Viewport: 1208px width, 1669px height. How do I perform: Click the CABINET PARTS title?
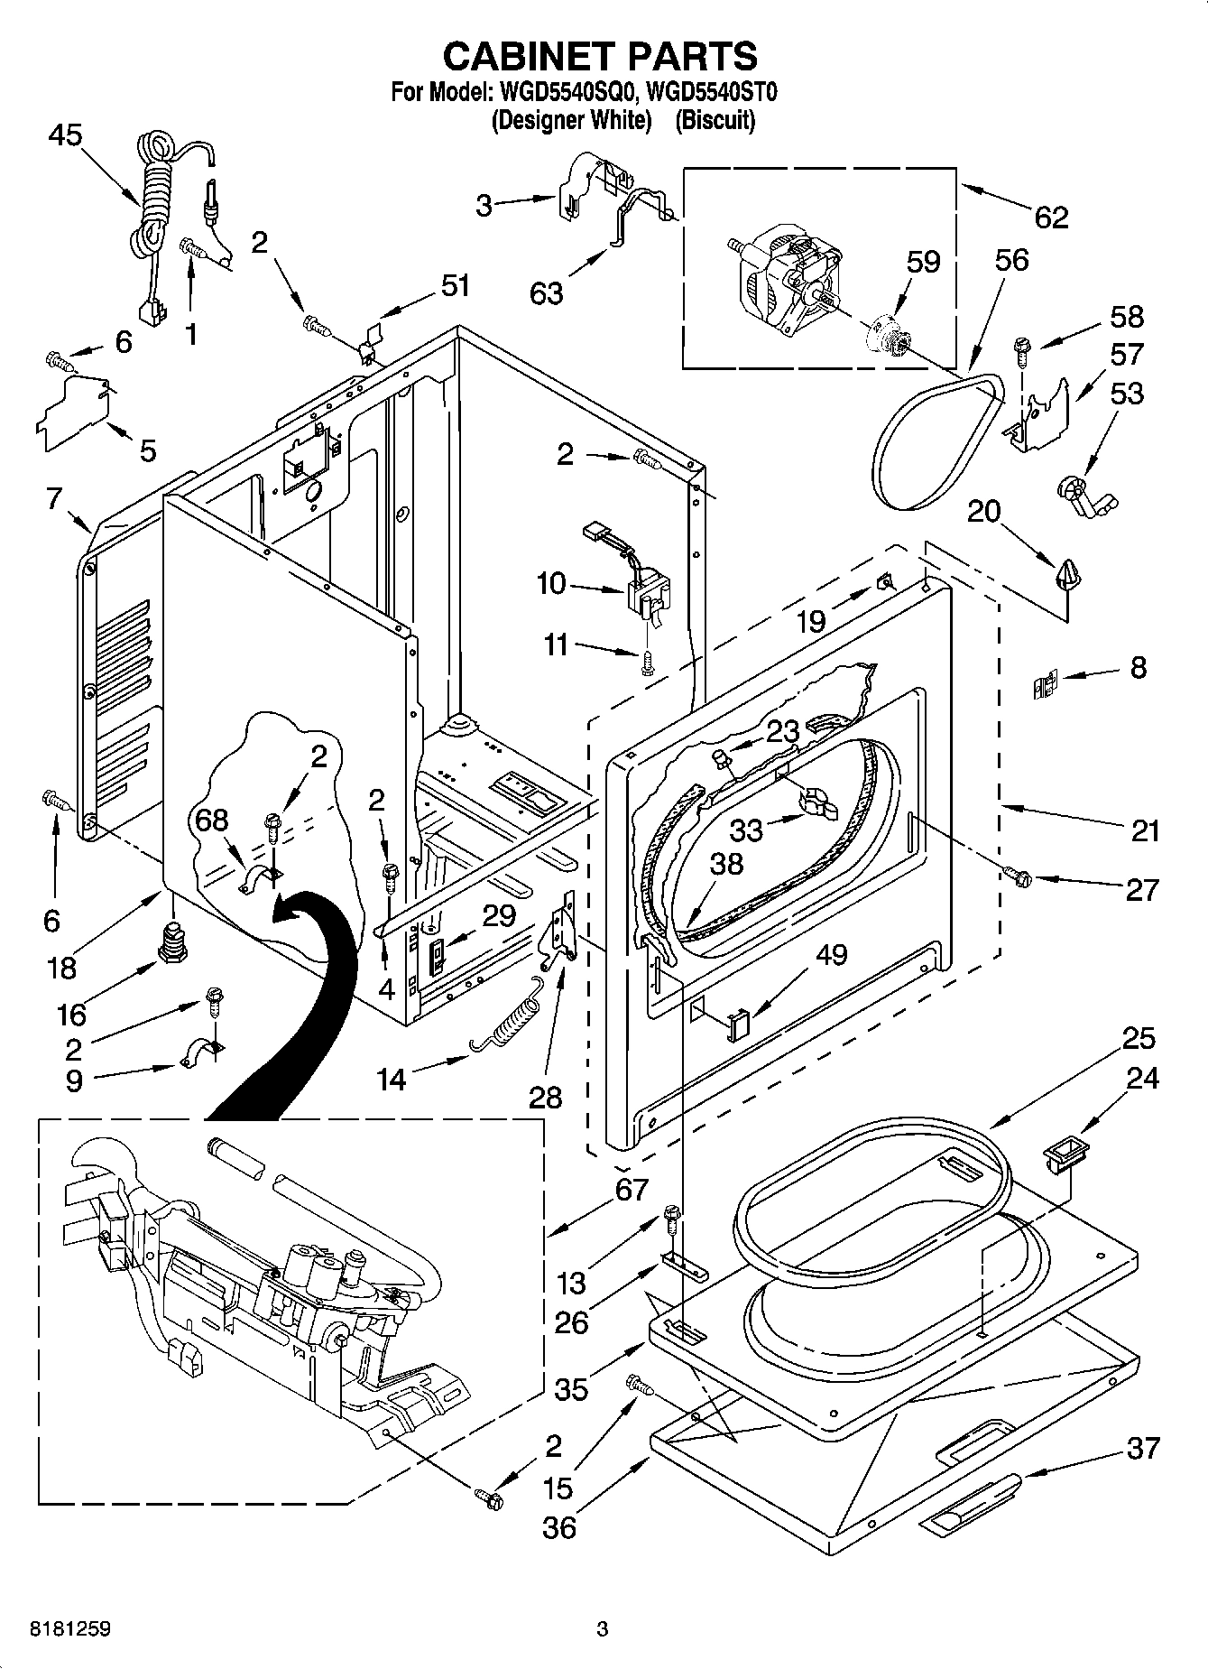point(600,56)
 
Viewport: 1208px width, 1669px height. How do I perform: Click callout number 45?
point(65,135)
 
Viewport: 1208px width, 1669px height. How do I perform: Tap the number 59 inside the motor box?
point(923,262)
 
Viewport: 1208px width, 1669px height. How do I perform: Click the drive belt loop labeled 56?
point(938,442)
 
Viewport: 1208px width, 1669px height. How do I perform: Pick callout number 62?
point(1050,217)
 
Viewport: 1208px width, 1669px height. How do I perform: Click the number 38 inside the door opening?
point(725,864)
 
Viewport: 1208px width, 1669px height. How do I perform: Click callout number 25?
point(1139,1039)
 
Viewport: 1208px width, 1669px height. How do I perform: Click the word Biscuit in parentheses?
point(715,119)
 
